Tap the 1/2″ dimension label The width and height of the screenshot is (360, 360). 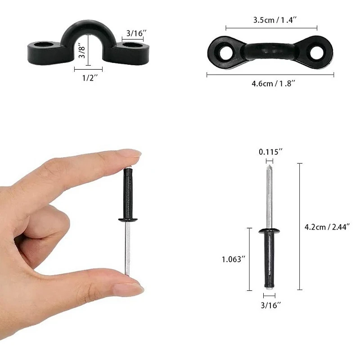coord(88,78)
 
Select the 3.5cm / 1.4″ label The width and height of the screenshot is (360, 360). coord(271,20)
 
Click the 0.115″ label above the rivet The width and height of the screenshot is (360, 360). coord(270,152)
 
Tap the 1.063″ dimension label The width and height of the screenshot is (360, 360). coord(234,259)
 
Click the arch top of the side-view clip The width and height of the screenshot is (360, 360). coord(88,28)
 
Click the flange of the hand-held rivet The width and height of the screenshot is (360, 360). coord(128,220)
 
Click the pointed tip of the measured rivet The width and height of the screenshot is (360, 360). coord(270,167)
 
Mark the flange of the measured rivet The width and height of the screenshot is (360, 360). coord(270,231)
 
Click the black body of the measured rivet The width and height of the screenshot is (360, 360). coord(270,259)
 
